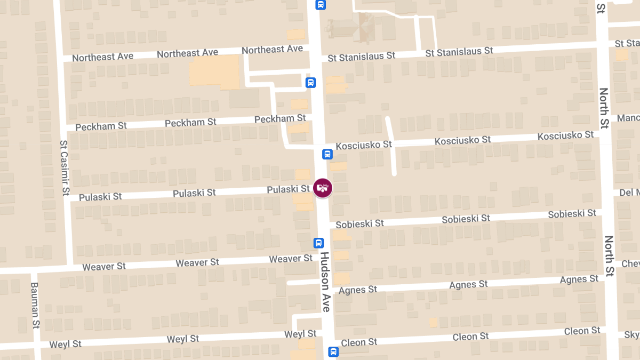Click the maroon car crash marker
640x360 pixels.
(323, 188)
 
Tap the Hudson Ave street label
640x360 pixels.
(325, 282)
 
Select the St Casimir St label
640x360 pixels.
(65, 167)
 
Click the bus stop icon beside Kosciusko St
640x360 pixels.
(327, 154)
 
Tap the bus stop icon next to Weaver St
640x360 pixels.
(318, 243)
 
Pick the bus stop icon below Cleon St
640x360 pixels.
(333, 352)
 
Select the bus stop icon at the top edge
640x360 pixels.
(320, 5)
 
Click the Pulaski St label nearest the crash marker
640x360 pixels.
(288, 189)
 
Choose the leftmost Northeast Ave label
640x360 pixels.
(102, 57)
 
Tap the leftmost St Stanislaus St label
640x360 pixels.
(362, 56)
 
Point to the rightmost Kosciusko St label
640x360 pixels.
(565, 135)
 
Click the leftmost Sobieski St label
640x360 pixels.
(360, 223)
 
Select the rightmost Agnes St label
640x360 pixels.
(579, 279)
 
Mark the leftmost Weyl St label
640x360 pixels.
(66, 344)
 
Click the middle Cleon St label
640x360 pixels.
(470, 337)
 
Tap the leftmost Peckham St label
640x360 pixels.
(101, 126)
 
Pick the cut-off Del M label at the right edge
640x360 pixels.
(629, 193)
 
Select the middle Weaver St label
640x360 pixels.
(197, 262)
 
